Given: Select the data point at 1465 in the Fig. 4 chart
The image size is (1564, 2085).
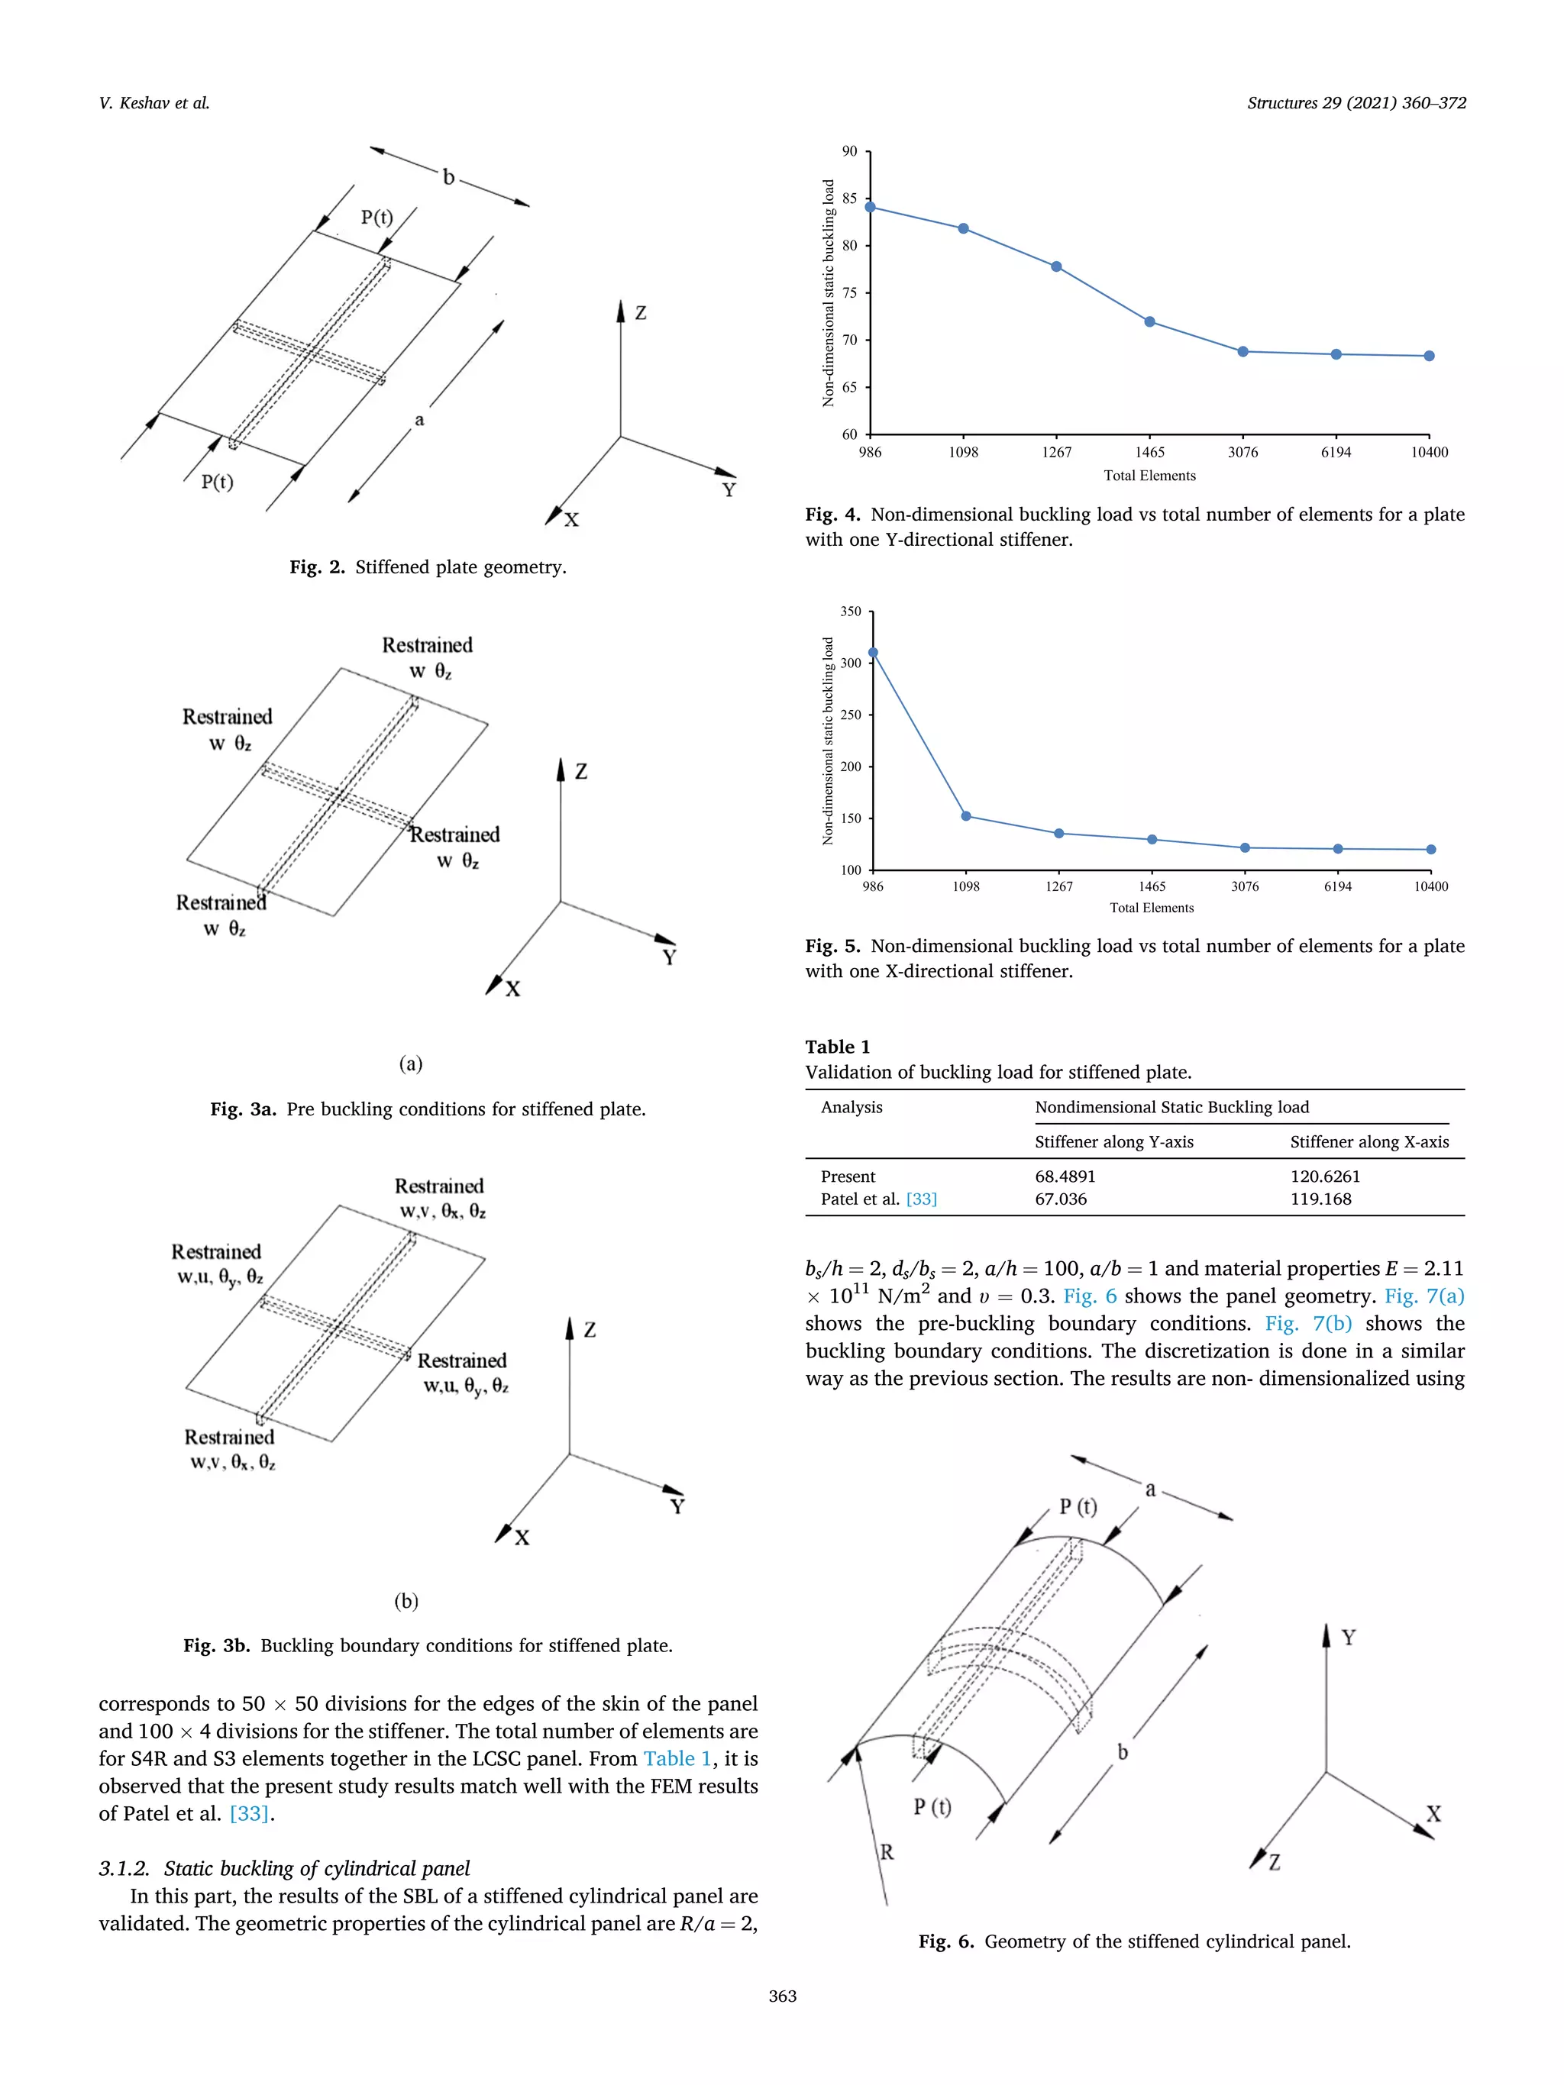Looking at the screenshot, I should (1149, 322).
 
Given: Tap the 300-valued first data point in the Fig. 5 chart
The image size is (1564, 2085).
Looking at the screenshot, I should (873, 652).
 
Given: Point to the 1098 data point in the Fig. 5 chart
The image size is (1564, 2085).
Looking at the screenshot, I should (965, 816).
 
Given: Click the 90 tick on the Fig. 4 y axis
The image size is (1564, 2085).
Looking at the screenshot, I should (850, 152).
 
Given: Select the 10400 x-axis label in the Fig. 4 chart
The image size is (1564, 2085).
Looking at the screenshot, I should (1428, 453).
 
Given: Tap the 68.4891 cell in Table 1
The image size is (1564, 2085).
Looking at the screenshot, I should (1065, 1176).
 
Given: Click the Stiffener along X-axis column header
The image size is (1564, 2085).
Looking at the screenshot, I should (1368, 1141).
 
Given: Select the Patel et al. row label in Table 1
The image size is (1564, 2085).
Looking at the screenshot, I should (860, 1199).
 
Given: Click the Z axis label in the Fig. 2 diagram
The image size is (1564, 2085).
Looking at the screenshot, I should (641, 313).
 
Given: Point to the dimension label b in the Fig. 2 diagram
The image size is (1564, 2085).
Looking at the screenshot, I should (449, 177).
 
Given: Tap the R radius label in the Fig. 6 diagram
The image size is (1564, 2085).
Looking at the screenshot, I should (886, 1852).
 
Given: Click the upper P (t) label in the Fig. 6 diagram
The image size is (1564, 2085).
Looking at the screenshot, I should (1078, 1506).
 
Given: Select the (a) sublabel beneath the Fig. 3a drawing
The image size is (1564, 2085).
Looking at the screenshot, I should (410, 1064).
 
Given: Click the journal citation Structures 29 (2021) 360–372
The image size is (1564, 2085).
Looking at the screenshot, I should (1356, 103).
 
